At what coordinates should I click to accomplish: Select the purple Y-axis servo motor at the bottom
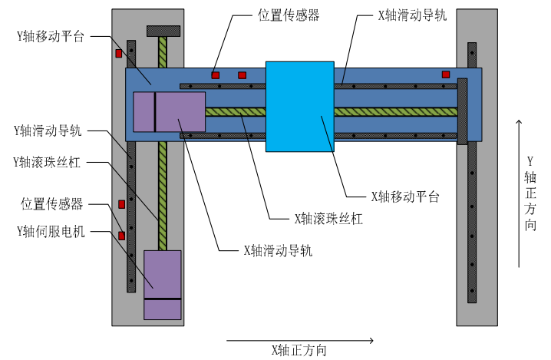[x=163, y=284]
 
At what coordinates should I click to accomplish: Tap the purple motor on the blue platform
[x=169, y=111]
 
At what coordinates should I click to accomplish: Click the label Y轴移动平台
[x=50, y=36]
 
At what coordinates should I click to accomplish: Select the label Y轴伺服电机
[x=50, y=230]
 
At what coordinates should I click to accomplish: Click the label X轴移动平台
[x=404, y=197]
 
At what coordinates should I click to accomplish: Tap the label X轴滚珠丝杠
[x=328, y=218]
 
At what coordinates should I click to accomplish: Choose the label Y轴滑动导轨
[x=48, y=130]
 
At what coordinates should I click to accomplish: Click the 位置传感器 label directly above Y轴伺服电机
[x=51, y=204]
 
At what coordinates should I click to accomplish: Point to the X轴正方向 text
[x=299, y=351]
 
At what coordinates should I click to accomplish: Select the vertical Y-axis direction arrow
[x=520, y=193]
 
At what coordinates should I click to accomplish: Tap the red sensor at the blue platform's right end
[x=445, y=74]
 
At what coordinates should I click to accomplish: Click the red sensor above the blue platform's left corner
[x=117, y=54]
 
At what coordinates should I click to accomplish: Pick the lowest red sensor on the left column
[x=120, y=235]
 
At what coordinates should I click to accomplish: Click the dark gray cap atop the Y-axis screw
[x=163, y=31]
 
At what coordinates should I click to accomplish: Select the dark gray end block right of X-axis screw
[x=462, y=111]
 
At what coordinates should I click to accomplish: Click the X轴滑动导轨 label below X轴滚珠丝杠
[x=277, y=249]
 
